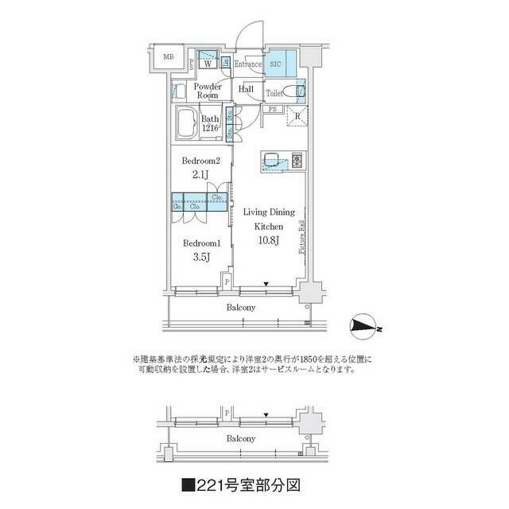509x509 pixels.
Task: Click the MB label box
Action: tap(169, 57)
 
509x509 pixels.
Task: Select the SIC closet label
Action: tap(277, 64)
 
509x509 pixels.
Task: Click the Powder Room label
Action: tap(207, 89)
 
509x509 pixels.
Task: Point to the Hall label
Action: tap(247, 90)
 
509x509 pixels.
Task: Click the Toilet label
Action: tap(275, 93)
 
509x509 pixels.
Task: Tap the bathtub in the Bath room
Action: tap(188, 123)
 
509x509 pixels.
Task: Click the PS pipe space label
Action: tap(272, 109)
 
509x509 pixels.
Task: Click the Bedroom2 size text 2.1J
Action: tap(200, 174)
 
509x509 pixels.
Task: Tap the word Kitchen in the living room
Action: tap(268, 226)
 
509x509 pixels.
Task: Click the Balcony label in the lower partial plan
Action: tap(240, 438)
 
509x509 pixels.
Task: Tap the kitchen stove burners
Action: tap(297, 160)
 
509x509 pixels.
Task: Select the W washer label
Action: tap(207, 64)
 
